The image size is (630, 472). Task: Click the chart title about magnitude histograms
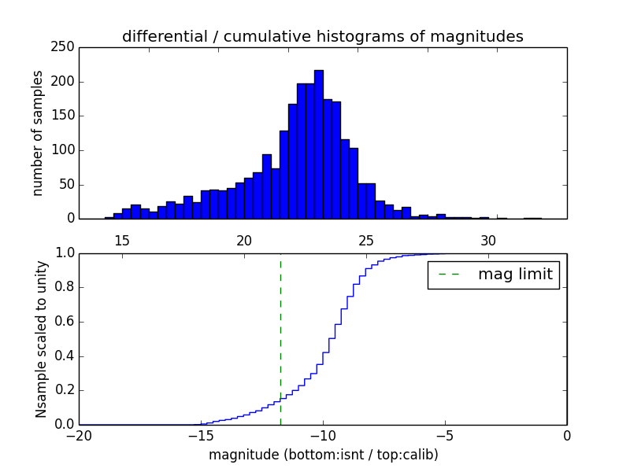click(322, 36)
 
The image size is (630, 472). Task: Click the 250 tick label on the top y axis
click(65, 47)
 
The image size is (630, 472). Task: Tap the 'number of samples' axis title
click(37, 132)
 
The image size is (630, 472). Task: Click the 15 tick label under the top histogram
click(122, 239)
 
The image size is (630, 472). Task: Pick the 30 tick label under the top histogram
click(488, 239)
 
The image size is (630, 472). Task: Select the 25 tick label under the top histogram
click(366, 239)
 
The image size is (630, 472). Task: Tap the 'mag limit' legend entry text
click(515, 275)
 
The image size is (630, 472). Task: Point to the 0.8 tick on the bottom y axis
click(64, 287)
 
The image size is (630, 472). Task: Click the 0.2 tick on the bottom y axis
click(64, 390)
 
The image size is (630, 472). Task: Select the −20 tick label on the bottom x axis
click(79, 437)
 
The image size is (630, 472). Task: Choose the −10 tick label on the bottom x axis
click(322, 437)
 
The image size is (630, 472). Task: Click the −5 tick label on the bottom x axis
click(444, 437)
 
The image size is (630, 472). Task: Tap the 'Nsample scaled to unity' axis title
click(41, 338)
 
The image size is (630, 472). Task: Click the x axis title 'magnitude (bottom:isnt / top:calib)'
click(323, 455)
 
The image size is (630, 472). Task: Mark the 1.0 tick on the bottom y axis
click(64, 253)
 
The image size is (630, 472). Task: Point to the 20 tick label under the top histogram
click(244, 239)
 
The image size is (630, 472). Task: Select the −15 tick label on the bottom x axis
click(200, 437)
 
